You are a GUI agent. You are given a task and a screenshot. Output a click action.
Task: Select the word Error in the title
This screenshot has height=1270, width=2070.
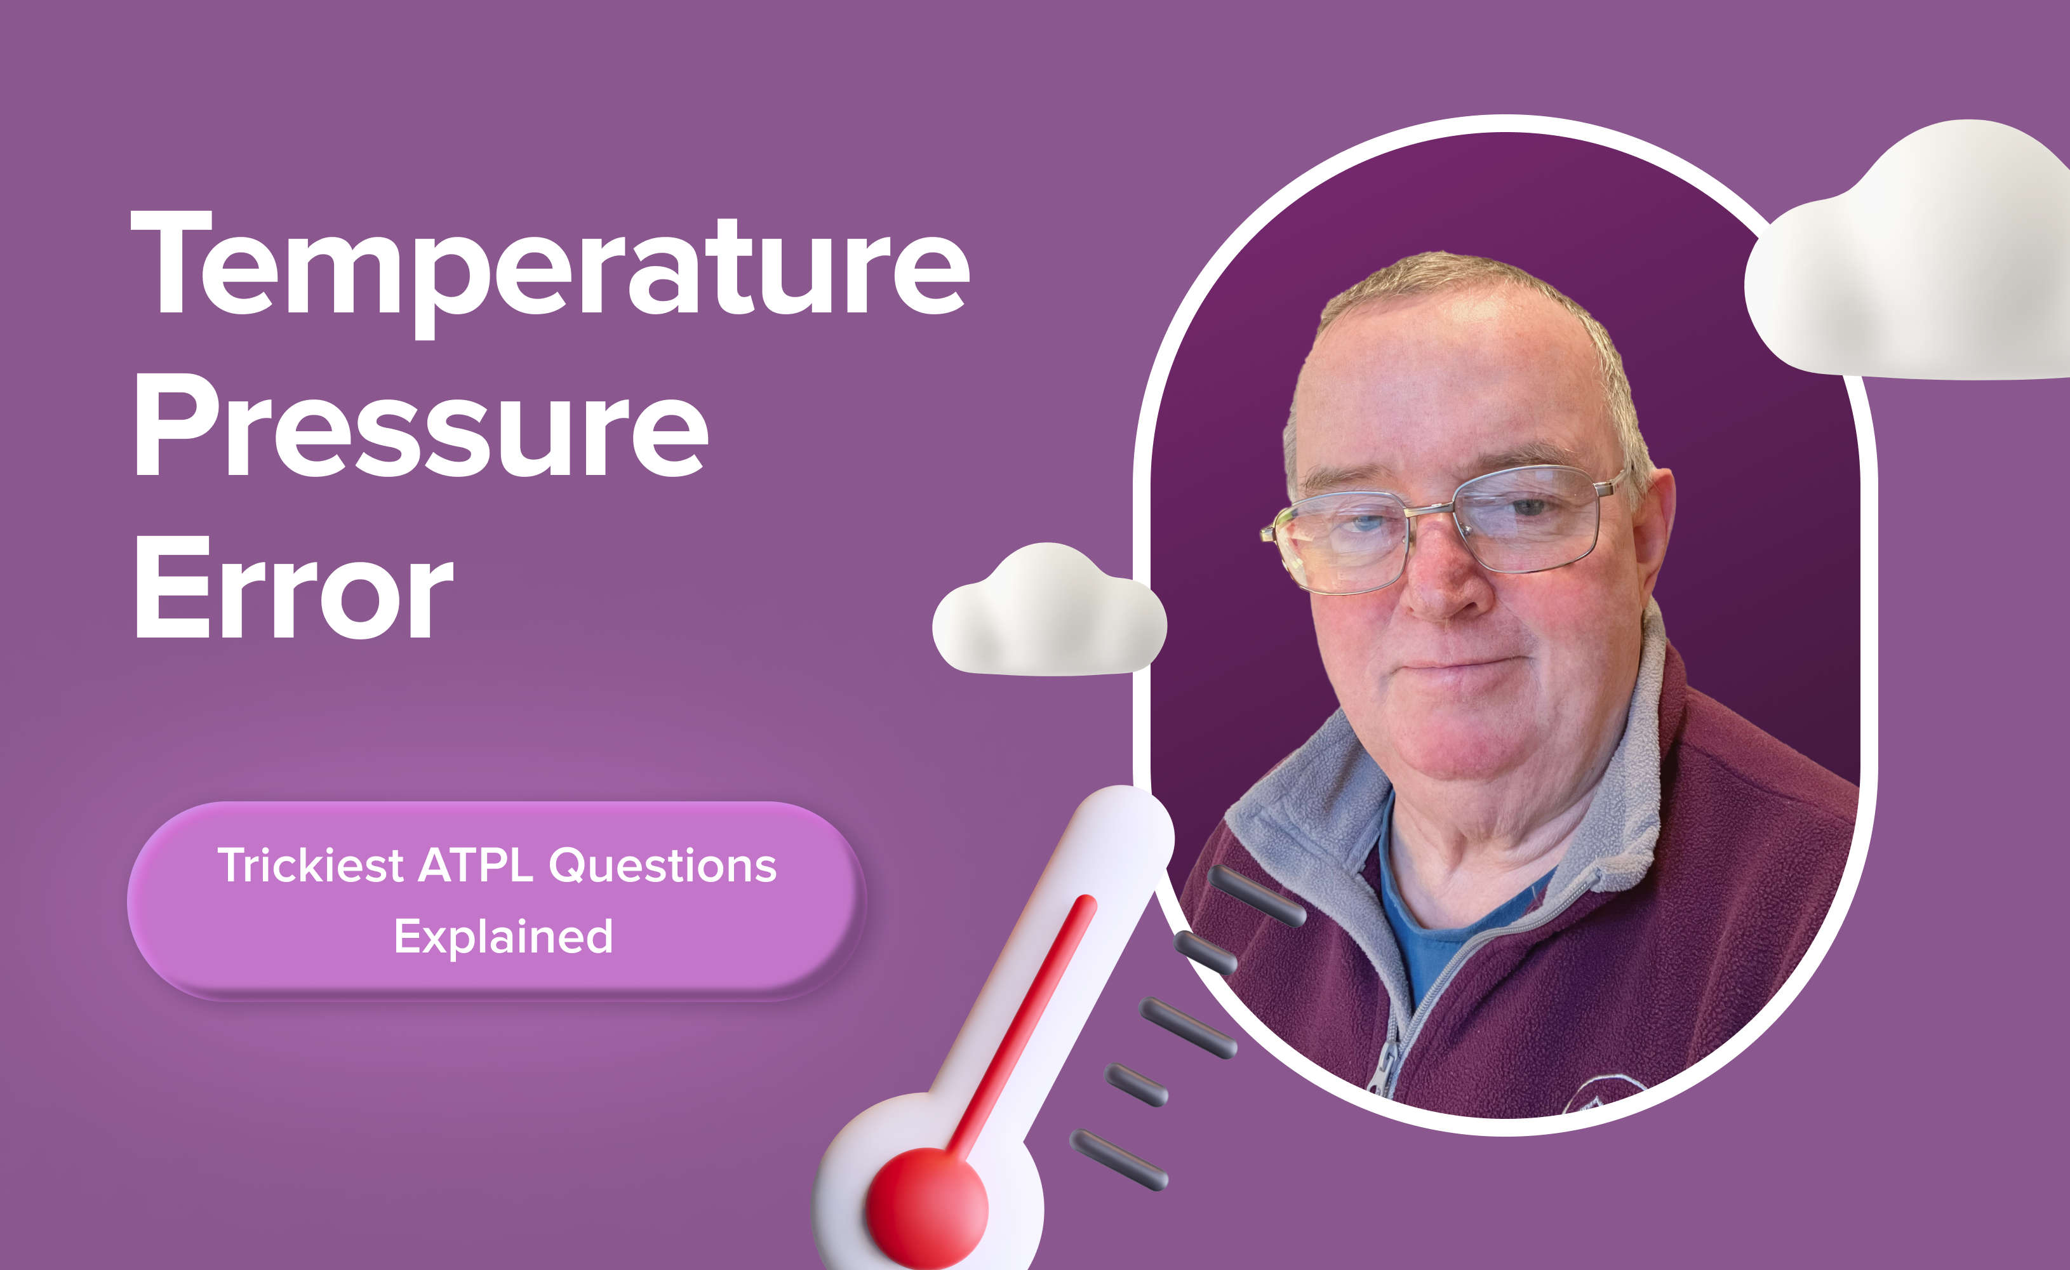[x=294, y=588]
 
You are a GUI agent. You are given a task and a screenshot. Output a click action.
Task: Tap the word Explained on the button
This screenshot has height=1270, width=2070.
[x=504, y=937]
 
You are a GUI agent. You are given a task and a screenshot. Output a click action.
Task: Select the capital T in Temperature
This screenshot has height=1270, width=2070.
[x=172, y=260]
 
